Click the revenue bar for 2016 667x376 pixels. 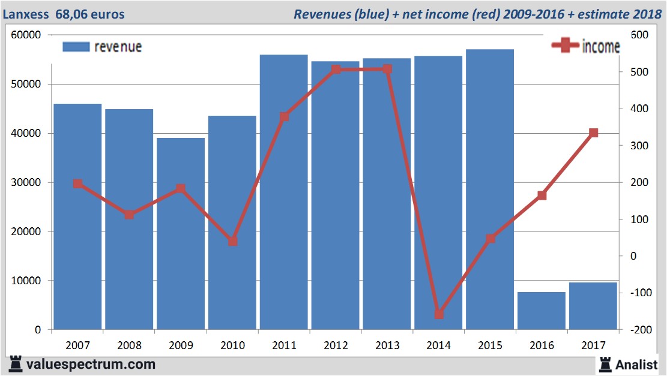(542, 311)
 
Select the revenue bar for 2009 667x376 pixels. (181, 234)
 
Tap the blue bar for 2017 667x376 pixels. (593, 306)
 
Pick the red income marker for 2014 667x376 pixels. (439, 314)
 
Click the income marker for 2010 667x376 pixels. (233, 241)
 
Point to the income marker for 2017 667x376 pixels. (594, 133)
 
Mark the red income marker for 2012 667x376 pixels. (336, 70)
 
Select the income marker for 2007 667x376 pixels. (77, 184)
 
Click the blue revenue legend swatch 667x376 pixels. (76, 47)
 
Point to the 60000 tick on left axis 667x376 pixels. (26, 35)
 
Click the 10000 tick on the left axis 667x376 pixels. (26, 281)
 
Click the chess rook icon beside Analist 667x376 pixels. (605, 364)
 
